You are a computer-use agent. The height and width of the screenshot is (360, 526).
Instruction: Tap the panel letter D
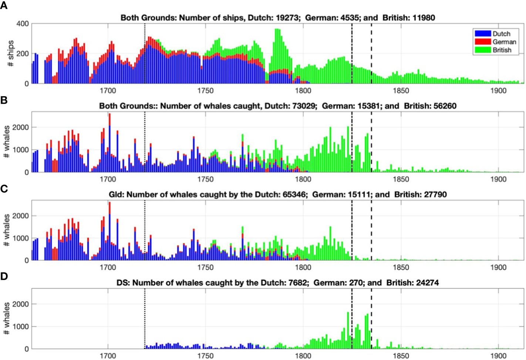coord(4,276)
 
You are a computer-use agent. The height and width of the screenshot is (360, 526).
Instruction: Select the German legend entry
coord(504,42)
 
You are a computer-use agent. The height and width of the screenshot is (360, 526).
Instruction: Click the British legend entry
coord(502,50)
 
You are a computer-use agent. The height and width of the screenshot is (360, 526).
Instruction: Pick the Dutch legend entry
coord(501,34)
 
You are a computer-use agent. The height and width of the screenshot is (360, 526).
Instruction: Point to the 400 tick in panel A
coord(22,24)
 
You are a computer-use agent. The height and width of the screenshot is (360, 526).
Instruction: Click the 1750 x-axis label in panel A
coord(205,91)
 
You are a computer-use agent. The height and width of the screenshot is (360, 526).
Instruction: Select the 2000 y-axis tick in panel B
coord(21,127)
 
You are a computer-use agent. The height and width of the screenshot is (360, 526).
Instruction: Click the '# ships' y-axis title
coord(11,53)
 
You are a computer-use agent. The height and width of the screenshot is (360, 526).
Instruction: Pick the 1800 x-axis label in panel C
coord(303,268)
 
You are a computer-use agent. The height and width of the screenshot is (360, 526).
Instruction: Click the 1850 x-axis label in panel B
coord(401,179)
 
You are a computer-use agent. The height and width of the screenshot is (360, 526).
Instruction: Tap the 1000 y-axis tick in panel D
coord(21,327)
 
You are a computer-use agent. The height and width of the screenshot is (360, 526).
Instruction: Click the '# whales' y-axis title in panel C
coord(7,230)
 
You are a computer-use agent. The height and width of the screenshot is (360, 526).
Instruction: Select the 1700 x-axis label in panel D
coord(108,356)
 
